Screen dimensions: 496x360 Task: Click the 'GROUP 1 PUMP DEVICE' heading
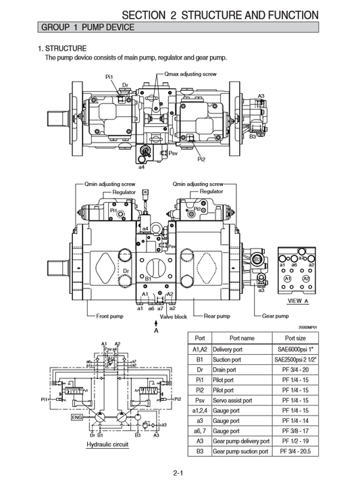tap(88, 27)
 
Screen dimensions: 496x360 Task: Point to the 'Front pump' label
tap(109, 316)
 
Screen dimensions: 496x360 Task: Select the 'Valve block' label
tap(174, 316)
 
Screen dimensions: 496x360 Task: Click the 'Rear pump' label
tap(217, 316)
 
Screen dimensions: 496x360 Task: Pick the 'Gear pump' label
tap(275, 316)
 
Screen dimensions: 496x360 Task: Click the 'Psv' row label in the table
tap(199, 400)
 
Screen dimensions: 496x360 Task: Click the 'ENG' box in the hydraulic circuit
tap(77, 417)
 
